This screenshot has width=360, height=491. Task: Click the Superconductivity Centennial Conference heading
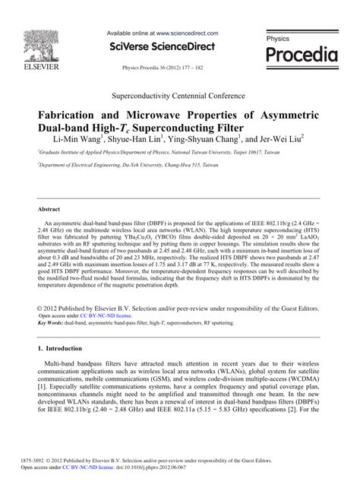179,100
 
